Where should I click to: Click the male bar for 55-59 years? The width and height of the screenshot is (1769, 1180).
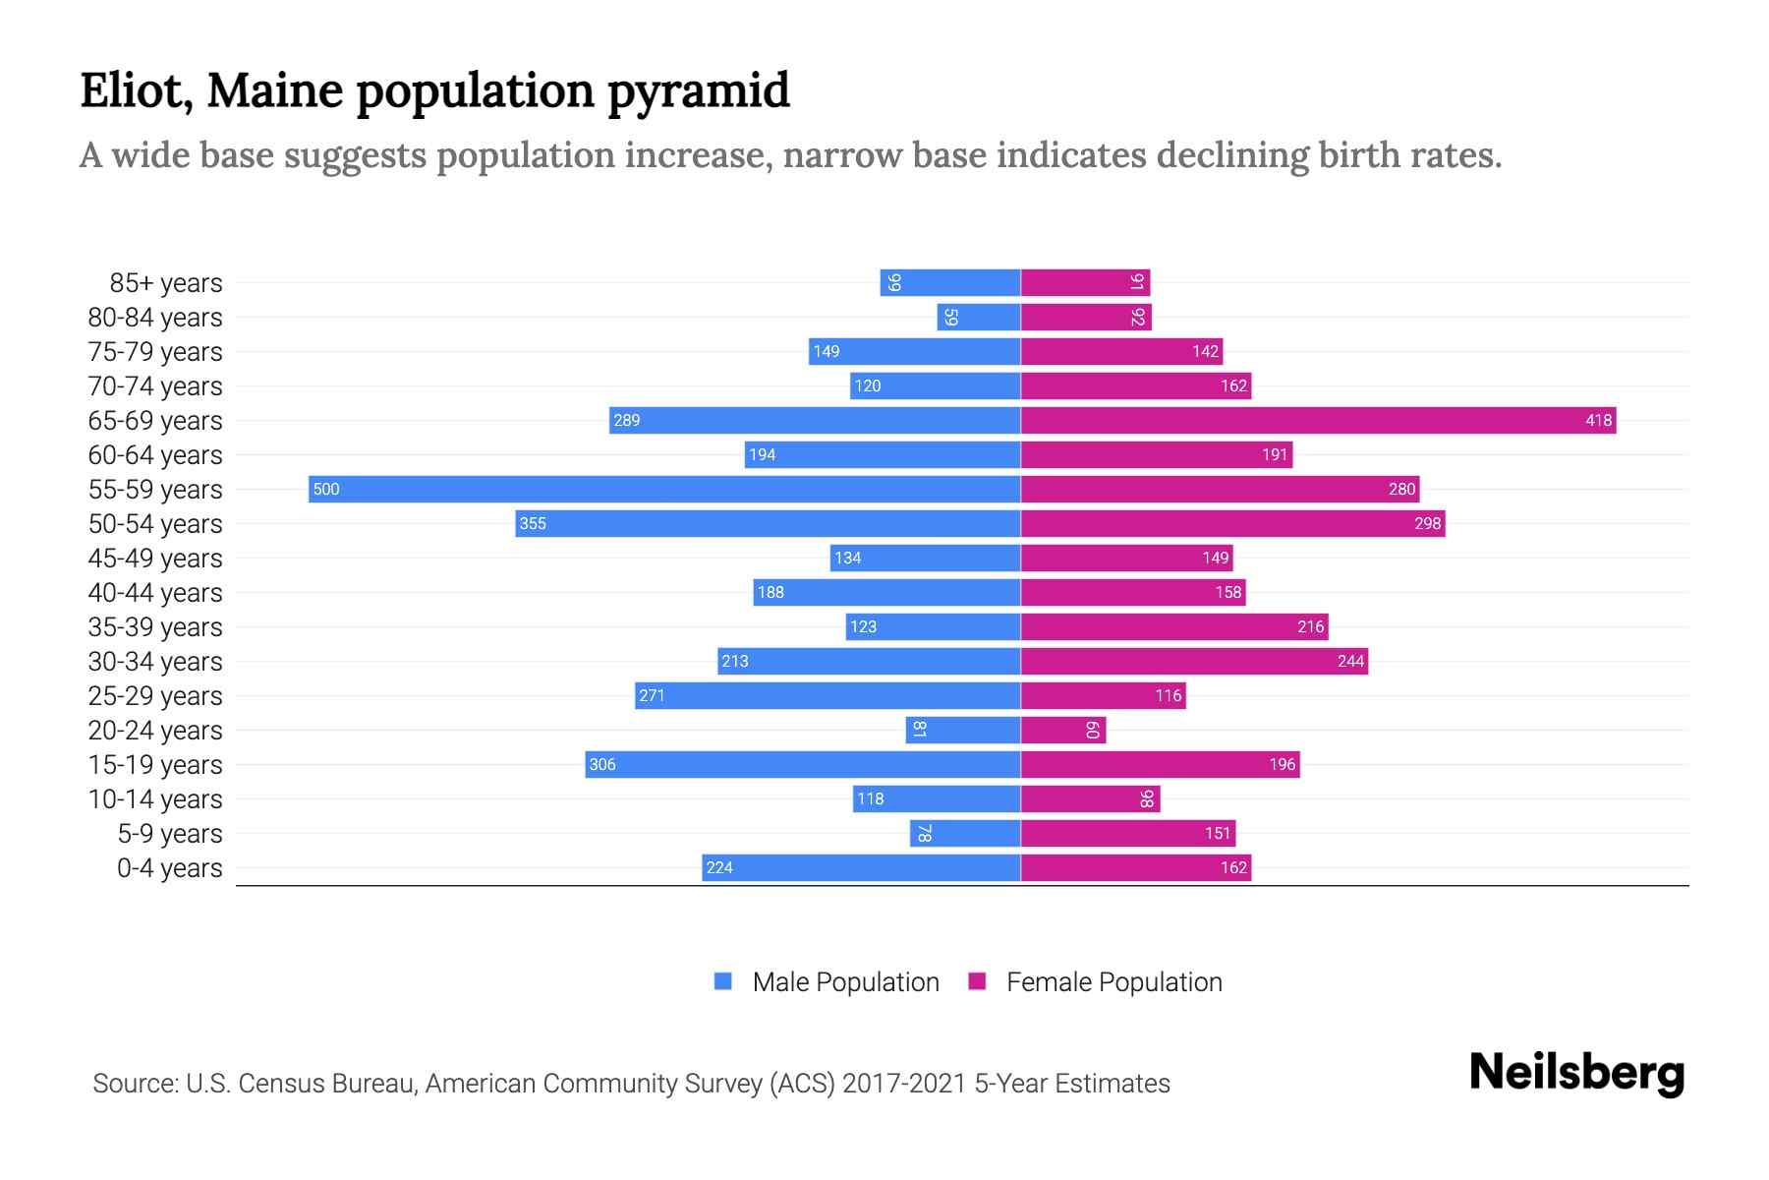664,489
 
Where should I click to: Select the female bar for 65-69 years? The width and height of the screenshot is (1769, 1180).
1318,420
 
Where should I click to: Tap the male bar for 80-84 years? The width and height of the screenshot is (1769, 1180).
979,317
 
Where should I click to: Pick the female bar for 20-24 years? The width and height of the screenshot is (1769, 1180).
1063,730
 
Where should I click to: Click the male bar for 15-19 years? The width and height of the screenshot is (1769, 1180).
803,764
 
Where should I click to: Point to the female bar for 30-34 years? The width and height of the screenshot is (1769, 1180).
1194,661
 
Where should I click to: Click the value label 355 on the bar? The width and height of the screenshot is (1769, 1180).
533,523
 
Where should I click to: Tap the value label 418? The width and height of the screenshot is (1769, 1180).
1598,420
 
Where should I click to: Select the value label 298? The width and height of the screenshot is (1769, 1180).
1427,523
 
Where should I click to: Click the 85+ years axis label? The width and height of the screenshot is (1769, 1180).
165,283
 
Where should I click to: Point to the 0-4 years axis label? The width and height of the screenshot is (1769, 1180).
169,868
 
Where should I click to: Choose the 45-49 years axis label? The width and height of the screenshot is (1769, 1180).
155,559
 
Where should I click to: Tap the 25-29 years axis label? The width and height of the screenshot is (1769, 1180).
155,696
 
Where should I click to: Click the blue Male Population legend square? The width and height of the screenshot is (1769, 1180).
723,981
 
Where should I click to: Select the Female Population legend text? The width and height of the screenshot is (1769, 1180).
1113,982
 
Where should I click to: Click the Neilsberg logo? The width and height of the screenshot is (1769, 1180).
1576,1073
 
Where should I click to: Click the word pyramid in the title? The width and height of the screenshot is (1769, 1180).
698,90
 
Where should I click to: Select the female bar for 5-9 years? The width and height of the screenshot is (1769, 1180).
1128,833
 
